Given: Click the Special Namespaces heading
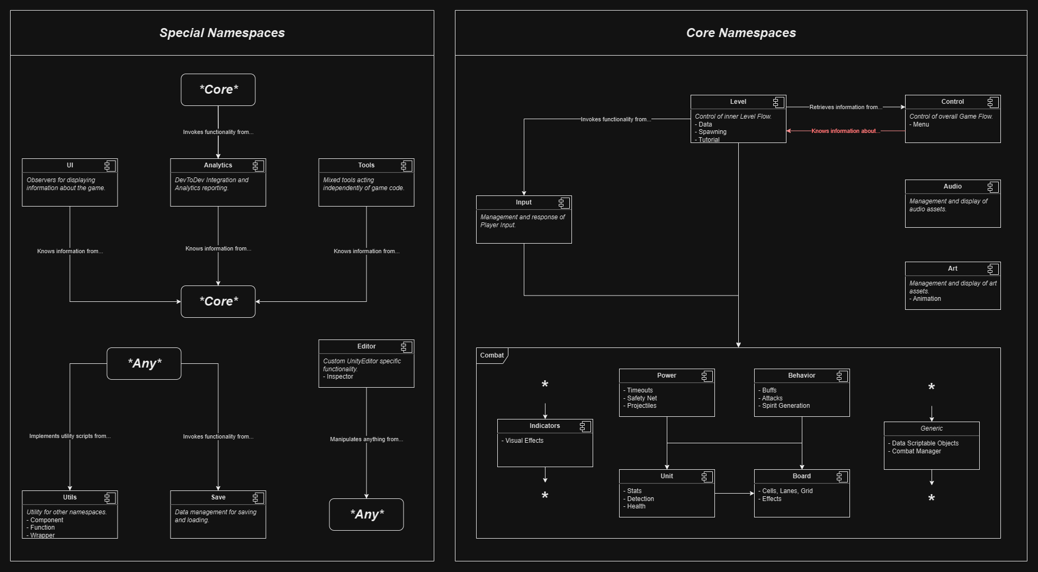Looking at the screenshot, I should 222,33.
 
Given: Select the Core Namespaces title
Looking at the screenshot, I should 741,33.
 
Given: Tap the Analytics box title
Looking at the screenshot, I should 218,165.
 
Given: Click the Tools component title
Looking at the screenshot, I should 366,165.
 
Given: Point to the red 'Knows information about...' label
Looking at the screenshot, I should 845,131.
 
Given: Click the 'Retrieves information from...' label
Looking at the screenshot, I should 845,107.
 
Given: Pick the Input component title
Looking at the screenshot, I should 523,202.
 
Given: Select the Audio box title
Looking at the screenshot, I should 952,186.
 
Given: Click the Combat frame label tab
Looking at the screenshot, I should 491,355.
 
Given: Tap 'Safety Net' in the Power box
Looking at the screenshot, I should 642,398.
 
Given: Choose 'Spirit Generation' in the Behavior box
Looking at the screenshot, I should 786,406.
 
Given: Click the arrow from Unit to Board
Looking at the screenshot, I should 734,494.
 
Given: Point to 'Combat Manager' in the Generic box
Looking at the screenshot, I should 916,451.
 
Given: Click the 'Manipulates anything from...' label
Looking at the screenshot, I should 366,439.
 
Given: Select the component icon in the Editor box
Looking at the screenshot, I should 407,347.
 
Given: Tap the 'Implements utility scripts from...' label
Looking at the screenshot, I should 70,436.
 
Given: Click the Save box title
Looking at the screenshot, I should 218,497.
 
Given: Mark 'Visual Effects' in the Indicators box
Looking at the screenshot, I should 524,441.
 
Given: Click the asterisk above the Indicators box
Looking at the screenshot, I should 544,385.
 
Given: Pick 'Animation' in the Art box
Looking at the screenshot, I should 927,299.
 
